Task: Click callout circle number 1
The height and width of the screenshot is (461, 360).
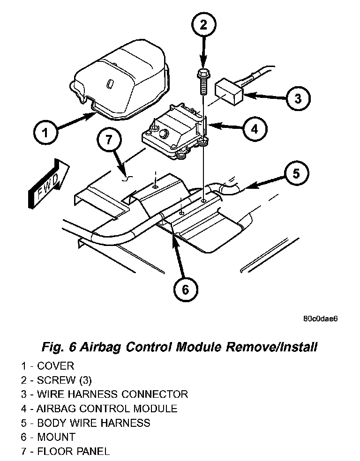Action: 45,134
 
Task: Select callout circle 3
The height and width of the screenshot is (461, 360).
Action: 298,98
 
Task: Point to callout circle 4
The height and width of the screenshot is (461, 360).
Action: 254,128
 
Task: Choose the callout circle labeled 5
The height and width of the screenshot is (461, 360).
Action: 296,174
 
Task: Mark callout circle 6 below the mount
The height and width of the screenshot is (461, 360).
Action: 185,290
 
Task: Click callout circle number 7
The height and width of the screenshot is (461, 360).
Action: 109,140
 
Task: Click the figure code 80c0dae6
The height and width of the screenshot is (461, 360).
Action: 321,319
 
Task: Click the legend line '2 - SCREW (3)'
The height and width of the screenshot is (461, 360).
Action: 56,380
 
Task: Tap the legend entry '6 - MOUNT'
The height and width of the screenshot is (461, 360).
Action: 48,437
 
